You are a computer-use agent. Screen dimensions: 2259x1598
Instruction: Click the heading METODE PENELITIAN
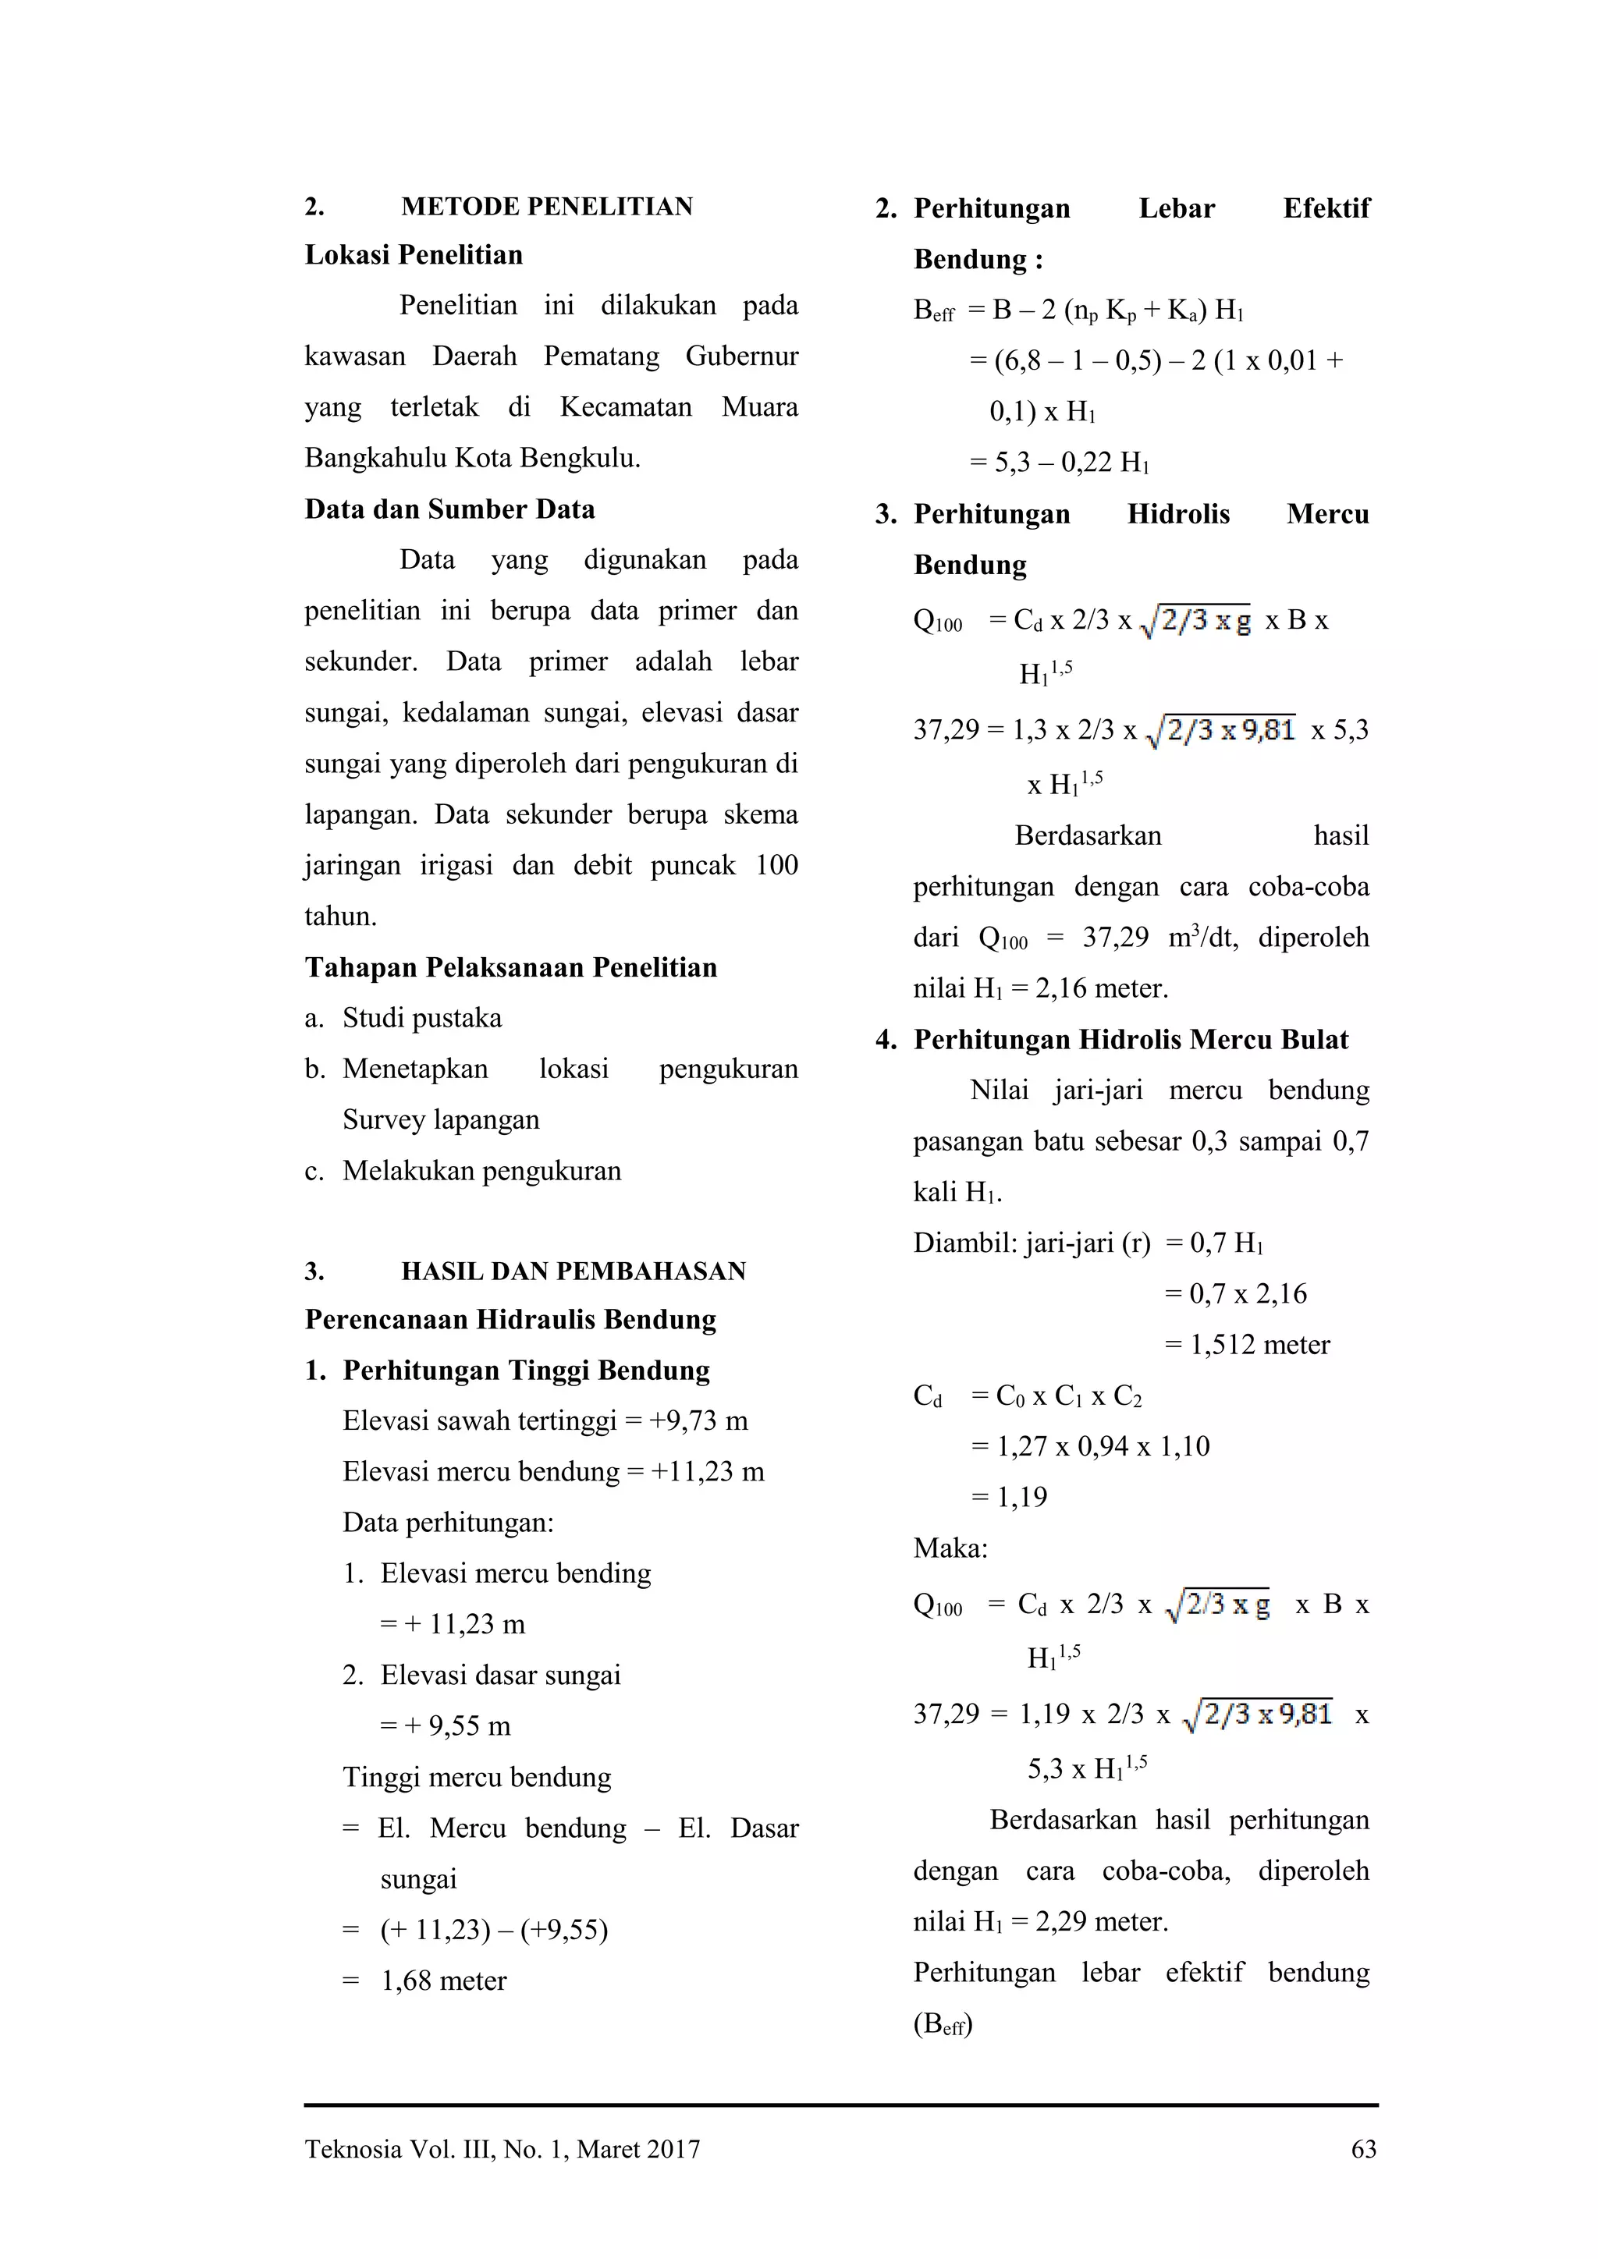coord(546,207)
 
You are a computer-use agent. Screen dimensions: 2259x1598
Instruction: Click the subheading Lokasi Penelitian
coord(414,255)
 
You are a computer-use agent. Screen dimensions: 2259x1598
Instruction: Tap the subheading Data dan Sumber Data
coord(449,509)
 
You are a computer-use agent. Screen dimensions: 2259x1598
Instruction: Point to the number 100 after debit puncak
coord(776,866)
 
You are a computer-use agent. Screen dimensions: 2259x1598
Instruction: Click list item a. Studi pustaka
coord(421,1018)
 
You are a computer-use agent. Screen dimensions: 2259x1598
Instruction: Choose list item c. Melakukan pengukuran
coord(481,1171)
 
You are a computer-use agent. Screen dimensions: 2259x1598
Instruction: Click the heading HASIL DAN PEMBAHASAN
coord(573,1271)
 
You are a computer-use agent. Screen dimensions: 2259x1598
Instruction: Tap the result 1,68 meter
coord(442,1981)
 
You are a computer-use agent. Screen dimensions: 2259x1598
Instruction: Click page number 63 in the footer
coord(1364,2150)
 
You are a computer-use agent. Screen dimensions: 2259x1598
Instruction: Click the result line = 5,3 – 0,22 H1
coord(1060,463)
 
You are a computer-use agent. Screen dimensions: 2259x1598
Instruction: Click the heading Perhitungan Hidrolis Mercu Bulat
coord(1131,1040)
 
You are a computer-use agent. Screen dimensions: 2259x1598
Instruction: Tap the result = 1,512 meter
coord(1247,1345)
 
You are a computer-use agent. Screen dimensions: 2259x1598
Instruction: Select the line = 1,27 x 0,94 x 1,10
coord(1090,1446)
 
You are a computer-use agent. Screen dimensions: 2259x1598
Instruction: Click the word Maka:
coord(950,1548)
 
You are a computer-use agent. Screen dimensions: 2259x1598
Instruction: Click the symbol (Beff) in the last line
coord(943,2024)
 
